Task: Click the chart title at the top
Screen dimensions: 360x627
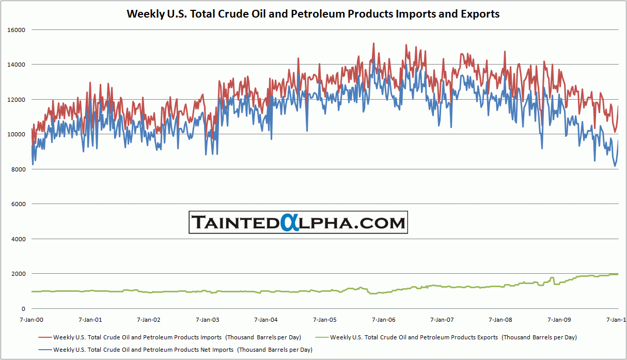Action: [313, 14]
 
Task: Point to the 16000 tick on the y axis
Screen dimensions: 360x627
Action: [17, 30]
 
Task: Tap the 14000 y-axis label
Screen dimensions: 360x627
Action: [17, 65]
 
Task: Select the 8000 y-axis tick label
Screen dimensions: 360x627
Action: [19, 169]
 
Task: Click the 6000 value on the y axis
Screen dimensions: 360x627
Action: [19, 204]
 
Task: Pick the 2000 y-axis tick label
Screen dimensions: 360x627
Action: [19, 274]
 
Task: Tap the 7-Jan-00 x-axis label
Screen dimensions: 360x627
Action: [32, 320]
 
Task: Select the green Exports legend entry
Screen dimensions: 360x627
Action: [453, 337]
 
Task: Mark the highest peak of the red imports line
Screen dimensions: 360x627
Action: [373, 43]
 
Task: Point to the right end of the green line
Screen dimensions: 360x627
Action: [618, 274]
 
